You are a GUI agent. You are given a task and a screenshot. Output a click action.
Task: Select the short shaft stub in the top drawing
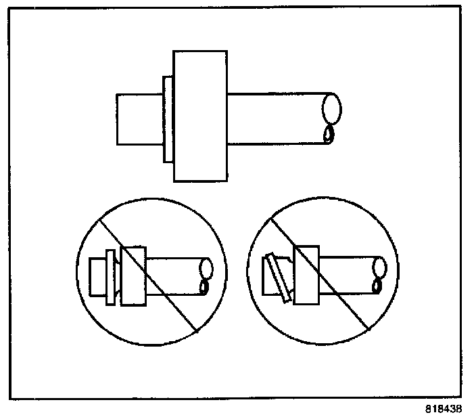pos(139,119)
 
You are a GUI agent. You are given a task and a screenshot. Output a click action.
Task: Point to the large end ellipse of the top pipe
pos(331,108)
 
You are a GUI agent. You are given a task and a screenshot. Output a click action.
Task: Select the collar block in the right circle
pos(308,274)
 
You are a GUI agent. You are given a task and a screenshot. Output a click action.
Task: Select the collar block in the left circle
pos(133,277)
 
